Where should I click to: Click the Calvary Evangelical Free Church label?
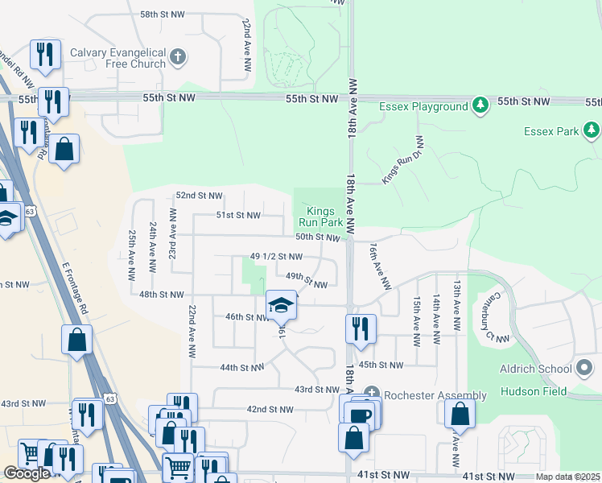(x=118, y=58)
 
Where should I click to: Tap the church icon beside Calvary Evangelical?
(x=179, y=58)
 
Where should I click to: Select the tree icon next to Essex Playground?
(x=480, y=105)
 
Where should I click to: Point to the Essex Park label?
(x=551, y=130)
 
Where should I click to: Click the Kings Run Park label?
(x=321, y=217)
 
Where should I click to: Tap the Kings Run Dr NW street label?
(x=402, y=160)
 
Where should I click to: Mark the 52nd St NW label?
(x=199, y=196)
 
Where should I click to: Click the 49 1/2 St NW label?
(x=276, y=257)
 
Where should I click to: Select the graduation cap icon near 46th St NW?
(x=281, y=305)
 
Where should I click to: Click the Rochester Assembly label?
(x=435, y=395)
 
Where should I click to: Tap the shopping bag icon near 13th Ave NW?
(x=460, y=414)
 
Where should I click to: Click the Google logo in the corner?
(x=27, y=473)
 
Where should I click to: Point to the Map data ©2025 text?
(x=568, y=477)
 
